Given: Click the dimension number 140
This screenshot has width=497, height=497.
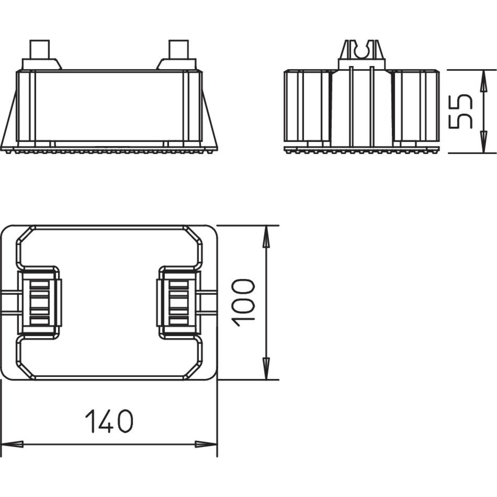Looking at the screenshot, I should (109, 421).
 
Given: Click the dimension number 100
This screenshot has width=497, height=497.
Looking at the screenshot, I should (243, 303).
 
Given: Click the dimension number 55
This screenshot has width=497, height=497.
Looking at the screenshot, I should (460, 111).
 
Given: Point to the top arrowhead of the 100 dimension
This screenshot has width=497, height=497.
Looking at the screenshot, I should (266, 236).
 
